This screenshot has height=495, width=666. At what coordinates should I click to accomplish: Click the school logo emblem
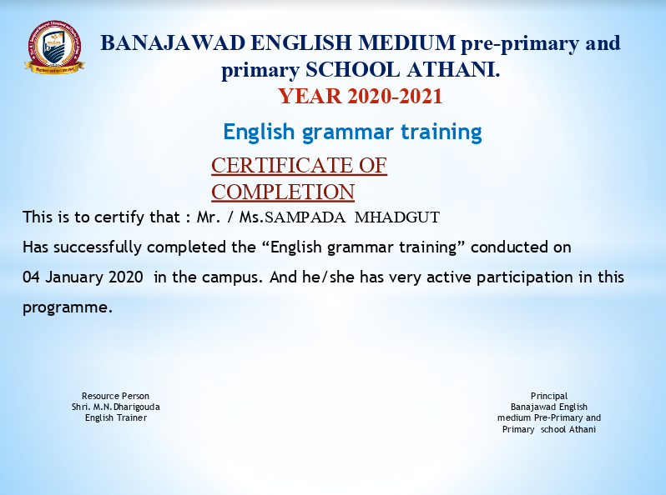(x=54, y=47)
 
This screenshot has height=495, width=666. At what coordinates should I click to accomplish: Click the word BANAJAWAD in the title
(x=173, y=42)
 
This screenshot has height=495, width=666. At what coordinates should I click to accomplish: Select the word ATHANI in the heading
(x=453, y=69)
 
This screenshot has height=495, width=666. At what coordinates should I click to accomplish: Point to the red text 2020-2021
(x=395, y=96)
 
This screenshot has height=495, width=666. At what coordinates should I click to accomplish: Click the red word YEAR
(x=310, y=96)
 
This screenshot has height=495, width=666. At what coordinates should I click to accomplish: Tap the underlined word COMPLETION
(x=283, y=192)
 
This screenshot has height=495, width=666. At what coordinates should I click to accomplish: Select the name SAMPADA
(x=305, y=217)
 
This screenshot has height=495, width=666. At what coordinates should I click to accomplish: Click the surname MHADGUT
(x=396, y=217)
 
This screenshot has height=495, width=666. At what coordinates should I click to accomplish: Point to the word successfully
(x=98, y=247)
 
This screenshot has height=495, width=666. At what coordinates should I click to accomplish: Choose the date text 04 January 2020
(x=83, y=277)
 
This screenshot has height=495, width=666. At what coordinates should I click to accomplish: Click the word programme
(x=67, y=308)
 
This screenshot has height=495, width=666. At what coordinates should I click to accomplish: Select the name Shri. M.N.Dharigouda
(x=115, y=407)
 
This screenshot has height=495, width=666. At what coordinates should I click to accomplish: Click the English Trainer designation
(x=116, y=417)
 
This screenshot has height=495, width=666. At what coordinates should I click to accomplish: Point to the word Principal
(x=549, y=396)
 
